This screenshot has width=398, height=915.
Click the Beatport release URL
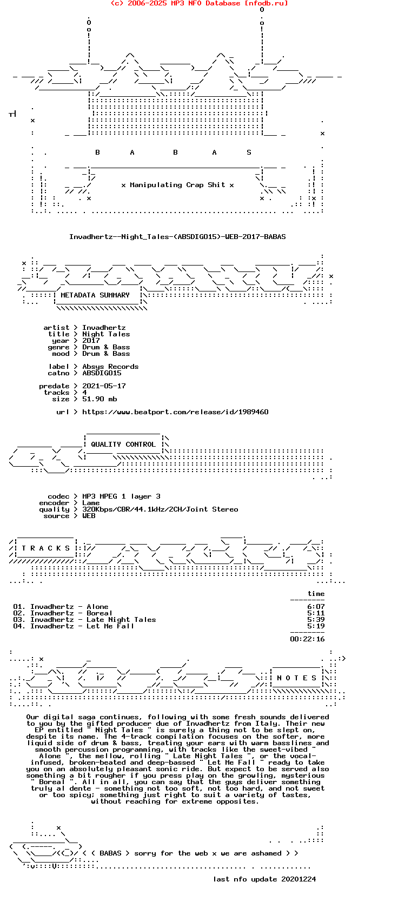coord(175,412)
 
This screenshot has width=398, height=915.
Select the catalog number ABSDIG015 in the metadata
coord(102,373)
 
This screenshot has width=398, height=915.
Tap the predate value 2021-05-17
coord(104,386)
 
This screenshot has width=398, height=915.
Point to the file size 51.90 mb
coord(99,399)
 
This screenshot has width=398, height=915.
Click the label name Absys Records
coord(110,367)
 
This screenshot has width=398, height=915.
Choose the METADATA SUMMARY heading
coord(95,295)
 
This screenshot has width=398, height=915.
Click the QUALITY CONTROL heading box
coord(123,445)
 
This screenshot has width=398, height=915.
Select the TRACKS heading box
coord(46,548)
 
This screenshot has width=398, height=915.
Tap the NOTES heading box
coord(297,678)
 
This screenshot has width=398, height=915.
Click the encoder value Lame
coord(91,503)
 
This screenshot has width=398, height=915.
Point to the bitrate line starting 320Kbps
coord(160,509)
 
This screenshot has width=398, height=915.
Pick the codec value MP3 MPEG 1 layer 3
coord(121,496)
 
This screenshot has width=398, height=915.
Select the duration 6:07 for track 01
coord(316,607)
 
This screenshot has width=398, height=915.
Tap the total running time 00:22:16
coord(307,639)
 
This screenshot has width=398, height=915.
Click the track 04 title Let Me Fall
coord(110,626)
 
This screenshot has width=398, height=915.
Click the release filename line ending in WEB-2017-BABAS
coord(177,237)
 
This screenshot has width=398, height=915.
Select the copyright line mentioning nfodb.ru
coord(199,3)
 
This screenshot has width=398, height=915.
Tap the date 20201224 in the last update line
coord(298,879)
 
